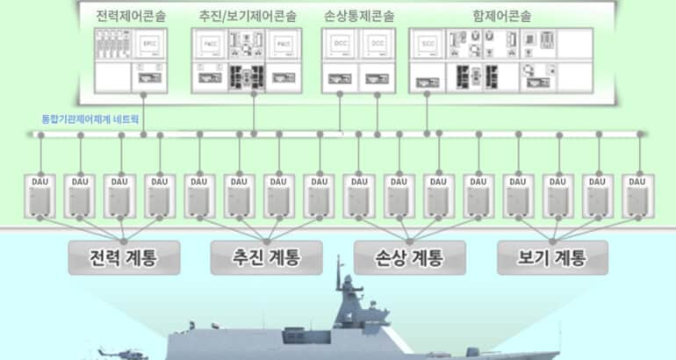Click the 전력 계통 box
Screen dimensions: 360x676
coord(124,259)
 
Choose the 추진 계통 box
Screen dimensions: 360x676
coord(267,259)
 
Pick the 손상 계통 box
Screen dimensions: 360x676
coord(410,259)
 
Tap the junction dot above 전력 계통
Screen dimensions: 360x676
coord(124,240)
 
